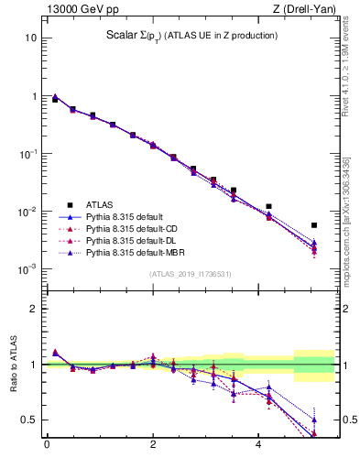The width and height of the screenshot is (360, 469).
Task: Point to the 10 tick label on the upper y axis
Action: [30, 38]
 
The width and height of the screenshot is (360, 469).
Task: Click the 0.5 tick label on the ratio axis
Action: [27, 420]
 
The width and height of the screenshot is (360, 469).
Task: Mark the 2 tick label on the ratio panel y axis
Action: [33, 309]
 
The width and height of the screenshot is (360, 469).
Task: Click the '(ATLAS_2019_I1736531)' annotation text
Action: [191, 274]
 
